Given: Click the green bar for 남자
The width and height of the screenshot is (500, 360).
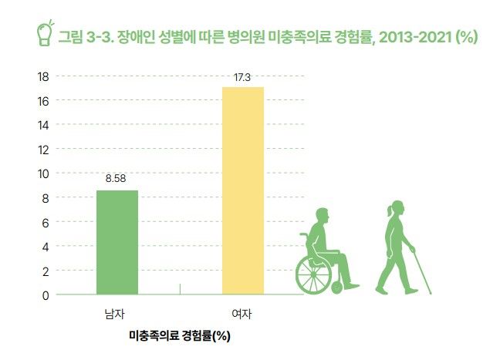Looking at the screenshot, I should [117, 242].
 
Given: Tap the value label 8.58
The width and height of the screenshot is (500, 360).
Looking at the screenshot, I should [117, 178].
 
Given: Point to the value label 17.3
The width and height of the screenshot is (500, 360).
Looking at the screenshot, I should [243, 76].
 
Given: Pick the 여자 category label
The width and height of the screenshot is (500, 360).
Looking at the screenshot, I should [242, 314].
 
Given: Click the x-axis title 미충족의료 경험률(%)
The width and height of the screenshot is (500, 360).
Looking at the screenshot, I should [181, 336].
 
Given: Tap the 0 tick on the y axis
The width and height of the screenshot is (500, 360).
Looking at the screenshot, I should [46, 294].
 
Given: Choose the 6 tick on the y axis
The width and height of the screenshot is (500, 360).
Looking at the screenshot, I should [46, 222].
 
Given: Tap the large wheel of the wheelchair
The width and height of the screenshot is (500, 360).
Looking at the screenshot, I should [314, 271].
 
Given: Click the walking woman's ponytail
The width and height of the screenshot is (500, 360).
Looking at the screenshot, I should [388, 209].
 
